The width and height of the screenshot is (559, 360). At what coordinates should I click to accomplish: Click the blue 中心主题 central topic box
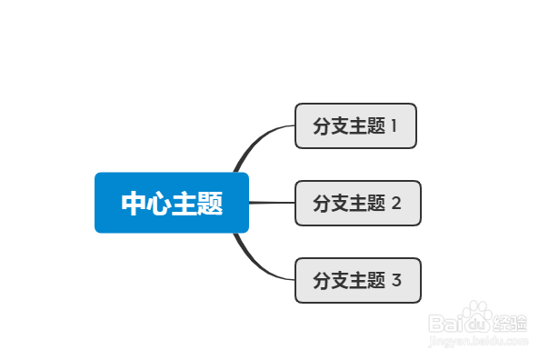click(172, 203)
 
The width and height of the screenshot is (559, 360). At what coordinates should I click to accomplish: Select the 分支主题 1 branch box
click(355, 125)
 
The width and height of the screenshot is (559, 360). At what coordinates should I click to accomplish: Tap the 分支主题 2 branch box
click(357, 203)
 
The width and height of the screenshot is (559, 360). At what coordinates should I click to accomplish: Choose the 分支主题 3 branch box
click(357, 280)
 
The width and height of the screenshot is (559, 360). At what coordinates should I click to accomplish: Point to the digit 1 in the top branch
click(394, 125)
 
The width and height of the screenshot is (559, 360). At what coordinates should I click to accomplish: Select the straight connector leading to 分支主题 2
click(271, 203)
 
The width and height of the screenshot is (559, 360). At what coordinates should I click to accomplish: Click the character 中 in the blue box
click(134, 204)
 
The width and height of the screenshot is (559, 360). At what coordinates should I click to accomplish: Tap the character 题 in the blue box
click(210, 204)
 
